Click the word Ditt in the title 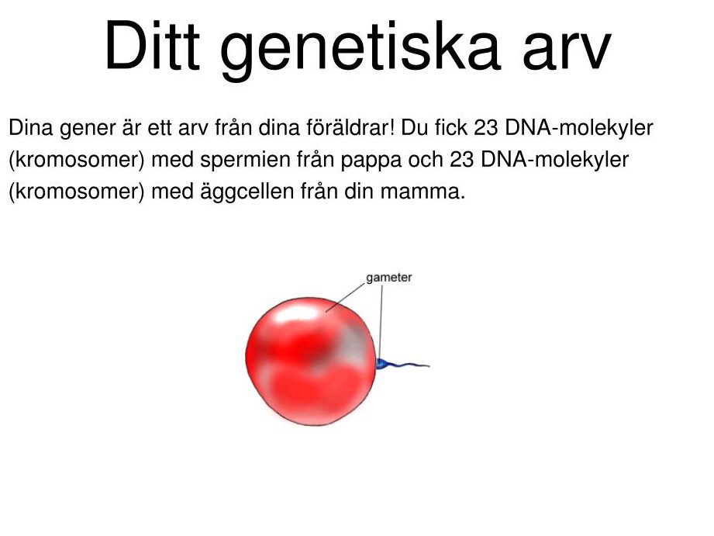click(x=153, y=46)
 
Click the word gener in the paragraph click(x=87, y=130)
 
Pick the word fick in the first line click(x=450, y=128)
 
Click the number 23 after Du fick click(x=486, y=128)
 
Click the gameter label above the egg click(x=389, y=278)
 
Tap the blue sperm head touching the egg click(x=383, y=363)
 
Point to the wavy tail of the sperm click(x=410, y=365)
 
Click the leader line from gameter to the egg click(x=346, y=297)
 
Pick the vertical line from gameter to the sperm click(x=381, y=321)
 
